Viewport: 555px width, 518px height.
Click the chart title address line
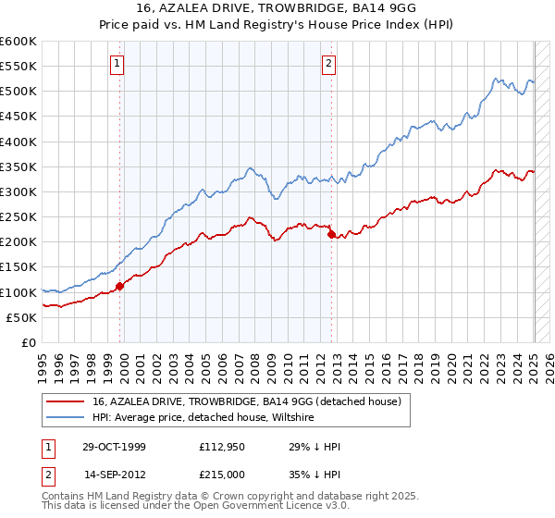(277, 8)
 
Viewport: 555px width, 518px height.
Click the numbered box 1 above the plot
(118, 64)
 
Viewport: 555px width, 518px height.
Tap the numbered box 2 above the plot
(329, 64)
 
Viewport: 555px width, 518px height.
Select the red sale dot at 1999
(120, 286)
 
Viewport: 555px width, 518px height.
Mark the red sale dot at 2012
(331, 235)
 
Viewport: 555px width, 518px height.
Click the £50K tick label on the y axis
(22, 317)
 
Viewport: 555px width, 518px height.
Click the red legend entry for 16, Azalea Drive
(246, 401)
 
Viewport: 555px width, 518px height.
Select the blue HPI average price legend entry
(203, 418)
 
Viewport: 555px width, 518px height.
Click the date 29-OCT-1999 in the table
(114, 447)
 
